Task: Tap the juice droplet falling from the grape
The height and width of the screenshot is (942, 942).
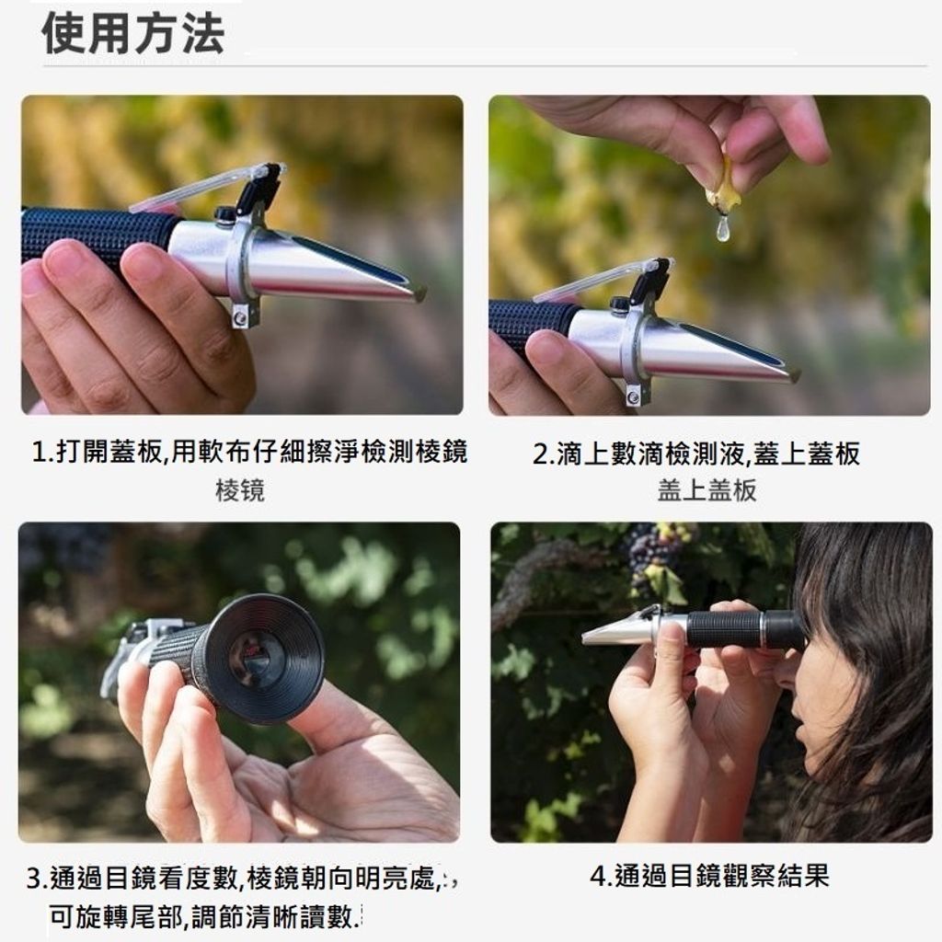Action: click(x=723, y=229)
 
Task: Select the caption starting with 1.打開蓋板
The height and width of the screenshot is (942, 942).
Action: click(x=249, y=452)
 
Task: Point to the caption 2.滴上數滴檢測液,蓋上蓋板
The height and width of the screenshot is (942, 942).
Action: click(x=696, y=454)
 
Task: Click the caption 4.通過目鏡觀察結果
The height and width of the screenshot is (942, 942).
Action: click(x=709, y=876)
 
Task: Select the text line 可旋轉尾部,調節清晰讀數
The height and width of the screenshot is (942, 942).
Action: click(x=205, y=917)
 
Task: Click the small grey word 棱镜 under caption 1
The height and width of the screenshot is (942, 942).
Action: click(x=240, y=491)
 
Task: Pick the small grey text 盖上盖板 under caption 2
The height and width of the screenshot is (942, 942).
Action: click(x=706, y=490)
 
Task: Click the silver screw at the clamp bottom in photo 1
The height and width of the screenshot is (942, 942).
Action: click(x=240, y=316)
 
